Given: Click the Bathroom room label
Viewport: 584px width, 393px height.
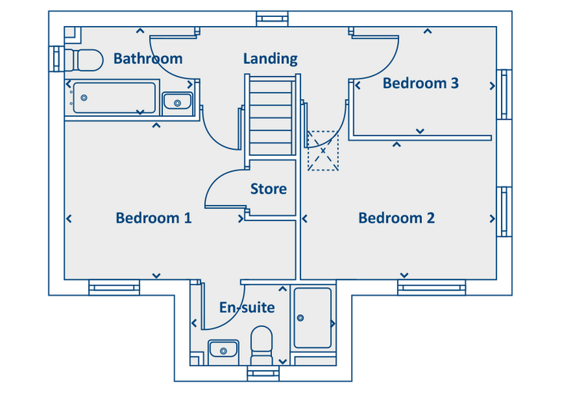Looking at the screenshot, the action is click(148, 58).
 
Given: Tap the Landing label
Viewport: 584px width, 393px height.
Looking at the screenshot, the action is click(270, 59).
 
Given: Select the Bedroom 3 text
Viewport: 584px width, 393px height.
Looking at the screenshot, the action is click(420, 83).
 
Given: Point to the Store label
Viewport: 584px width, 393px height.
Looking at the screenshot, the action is click(268, 189).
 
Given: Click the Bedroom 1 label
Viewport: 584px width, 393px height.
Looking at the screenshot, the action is click(154, 218).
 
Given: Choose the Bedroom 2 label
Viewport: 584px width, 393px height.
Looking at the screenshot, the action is click(397, 218).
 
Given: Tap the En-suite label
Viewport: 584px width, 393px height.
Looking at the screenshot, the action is click(247, 307).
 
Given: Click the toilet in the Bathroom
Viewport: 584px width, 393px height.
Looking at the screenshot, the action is click(85, 61).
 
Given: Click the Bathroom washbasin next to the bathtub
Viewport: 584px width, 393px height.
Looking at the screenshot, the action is click(178, 103).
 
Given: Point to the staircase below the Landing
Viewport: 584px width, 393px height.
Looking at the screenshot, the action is click(272, 114).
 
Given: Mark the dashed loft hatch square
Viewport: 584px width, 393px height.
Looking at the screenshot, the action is click(323, 150).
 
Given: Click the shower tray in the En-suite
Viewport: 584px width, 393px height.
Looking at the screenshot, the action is click(313, 318).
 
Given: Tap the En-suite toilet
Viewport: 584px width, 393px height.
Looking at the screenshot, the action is click(261, 345).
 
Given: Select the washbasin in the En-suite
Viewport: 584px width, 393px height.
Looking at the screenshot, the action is click(223, 351).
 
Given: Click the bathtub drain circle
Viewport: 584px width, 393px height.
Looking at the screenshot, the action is click(85, 98).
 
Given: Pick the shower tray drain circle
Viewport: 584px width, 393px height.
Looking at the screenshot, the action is click(300, 318).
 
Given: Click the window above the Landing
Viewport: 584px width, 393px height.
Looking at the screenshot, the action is click(272, 18).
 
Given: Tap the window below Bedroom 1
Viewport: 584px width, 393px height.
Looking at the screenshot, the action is click(114, 288).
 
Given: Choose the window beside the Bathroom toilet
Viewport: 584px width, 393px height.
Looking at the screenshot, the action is click(57, 59).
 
